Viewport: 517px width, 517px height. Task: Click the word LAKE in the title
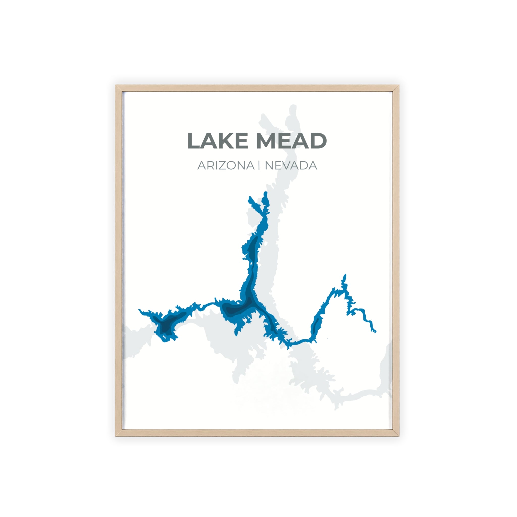218,141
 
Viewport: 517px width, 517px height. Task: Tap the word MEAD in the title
291,141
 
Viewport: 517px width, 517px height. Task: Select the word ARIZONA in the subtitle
226,166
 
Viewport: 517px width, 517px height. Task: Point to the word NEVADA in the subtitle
291,166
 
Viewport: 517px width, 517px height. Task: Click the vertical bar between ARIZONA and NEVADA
259,165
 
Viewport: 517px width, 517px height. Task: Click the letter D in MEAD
318,141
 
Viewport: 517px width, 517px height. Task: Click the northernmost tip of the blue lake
266,192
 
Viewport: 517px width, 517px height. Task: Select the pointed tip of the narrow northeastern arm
345,275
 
